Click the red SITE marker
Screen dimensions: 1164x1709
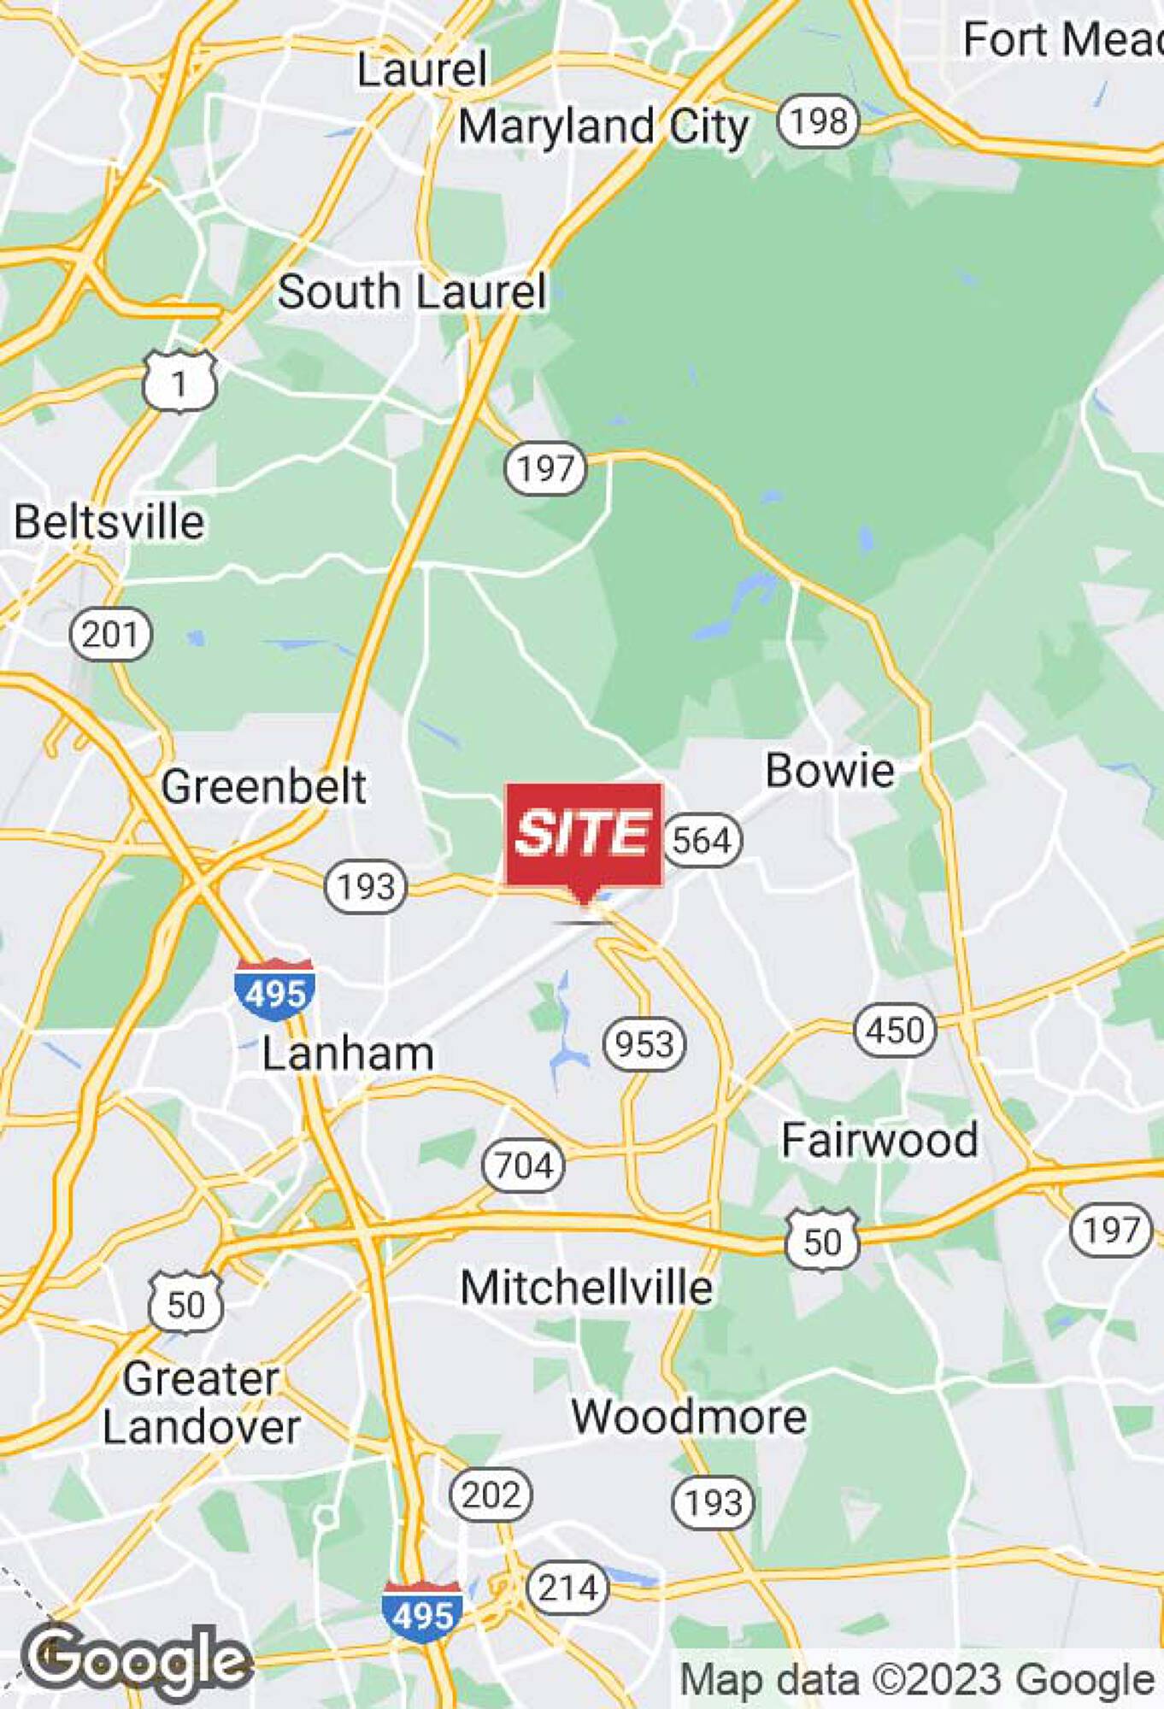point(584,835)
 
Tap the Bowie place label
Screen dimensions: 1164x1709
point(829,771)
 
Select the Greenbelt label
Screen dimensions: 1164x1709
point(263,786)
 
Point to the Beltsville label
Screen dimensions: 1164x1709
point(109,522)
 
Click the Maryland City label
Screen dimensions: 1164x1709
point(603,127)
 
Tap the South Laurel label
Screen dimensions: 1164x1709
point(412,292)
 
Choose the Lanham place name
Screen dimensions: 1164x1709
point(348,1054)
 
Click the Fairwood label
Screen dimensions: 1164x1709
point(879,1141)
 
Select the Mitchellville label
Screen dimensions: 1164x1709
point(586,1288)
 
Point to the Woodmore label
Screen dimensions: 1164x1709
point(689,1418)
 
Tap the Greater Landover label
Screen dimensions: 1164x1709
point(201,1403)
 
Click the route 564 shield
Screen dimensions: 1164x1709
point(702,840)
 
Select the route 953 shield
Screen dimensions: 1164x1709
point(644,1044)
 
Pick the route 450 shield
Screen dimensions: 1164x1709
point(895,1030)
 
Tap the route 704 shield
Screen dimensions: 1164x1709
point(523,1166)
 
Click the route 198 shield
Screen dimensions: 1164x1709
point(818,121)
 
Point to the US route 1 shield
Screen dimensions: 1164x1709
point(179,383)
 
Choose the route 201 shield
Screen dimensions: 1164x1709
point(110,635)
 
